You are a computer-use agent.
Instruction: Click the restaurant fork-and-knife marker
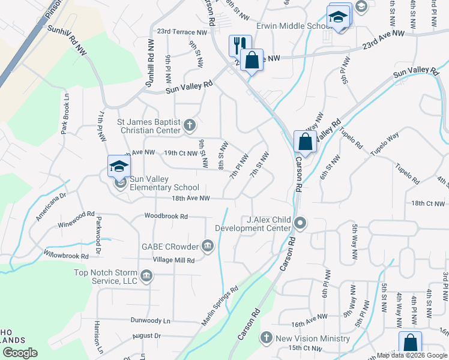238,45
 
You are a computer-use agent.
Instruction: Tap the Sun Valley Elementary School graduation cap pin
119,166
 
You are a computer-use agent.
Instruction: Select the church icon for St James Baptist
190,125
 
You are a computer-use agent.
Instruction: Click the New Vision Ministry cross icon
267,338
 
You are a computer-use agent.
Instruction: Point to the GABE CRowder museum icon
208,246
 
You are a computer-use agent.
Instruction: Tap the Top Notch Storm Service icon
146,277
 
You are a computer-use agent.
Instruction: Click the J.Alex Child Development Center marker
300,224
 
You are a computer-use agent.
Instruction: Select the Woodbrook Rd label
166,216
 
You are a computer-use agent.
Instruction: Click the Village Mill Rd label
174,260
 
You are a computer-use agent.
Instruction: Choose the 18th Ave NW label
190,198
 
